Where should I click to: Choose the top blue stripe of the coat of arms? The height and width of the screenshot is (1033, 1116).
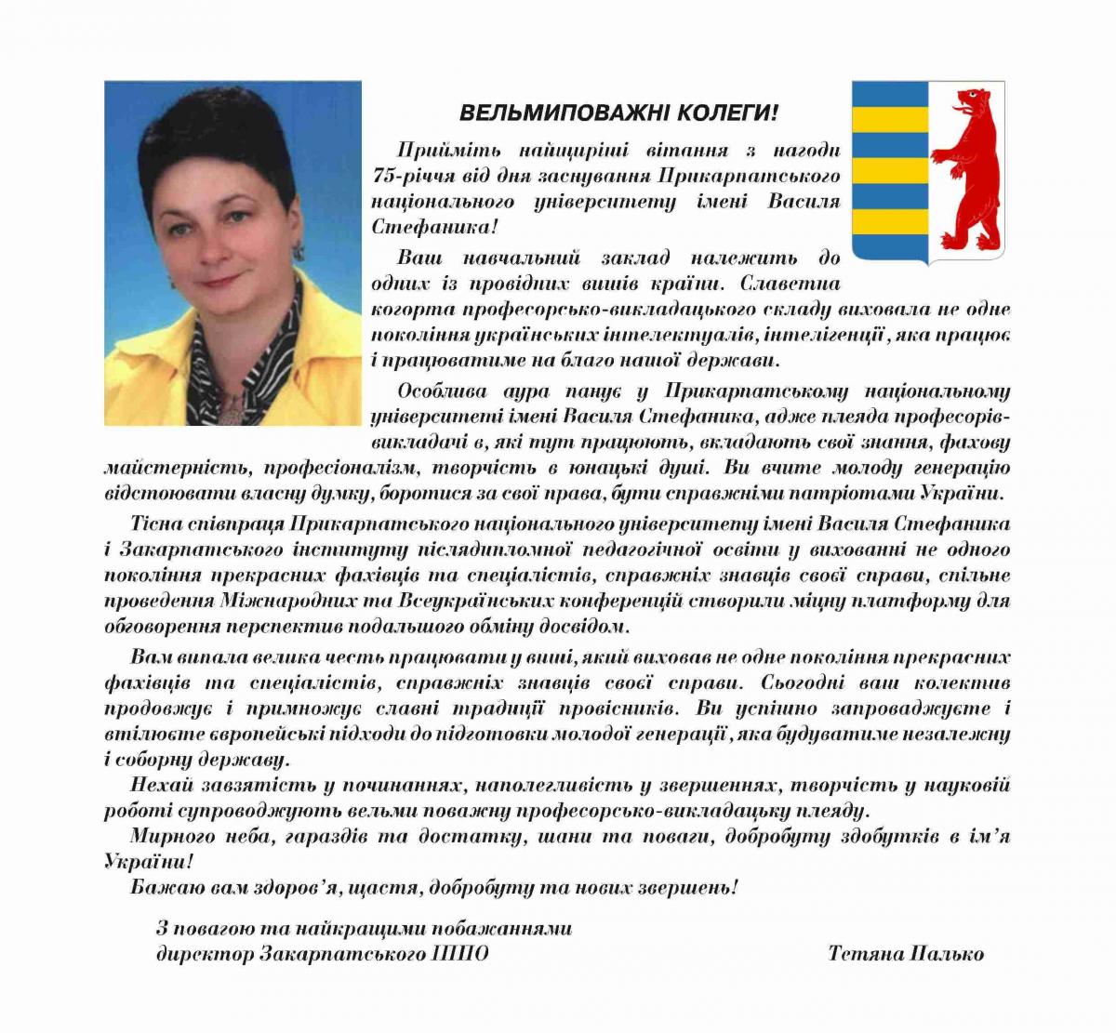tap(890, 94)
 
